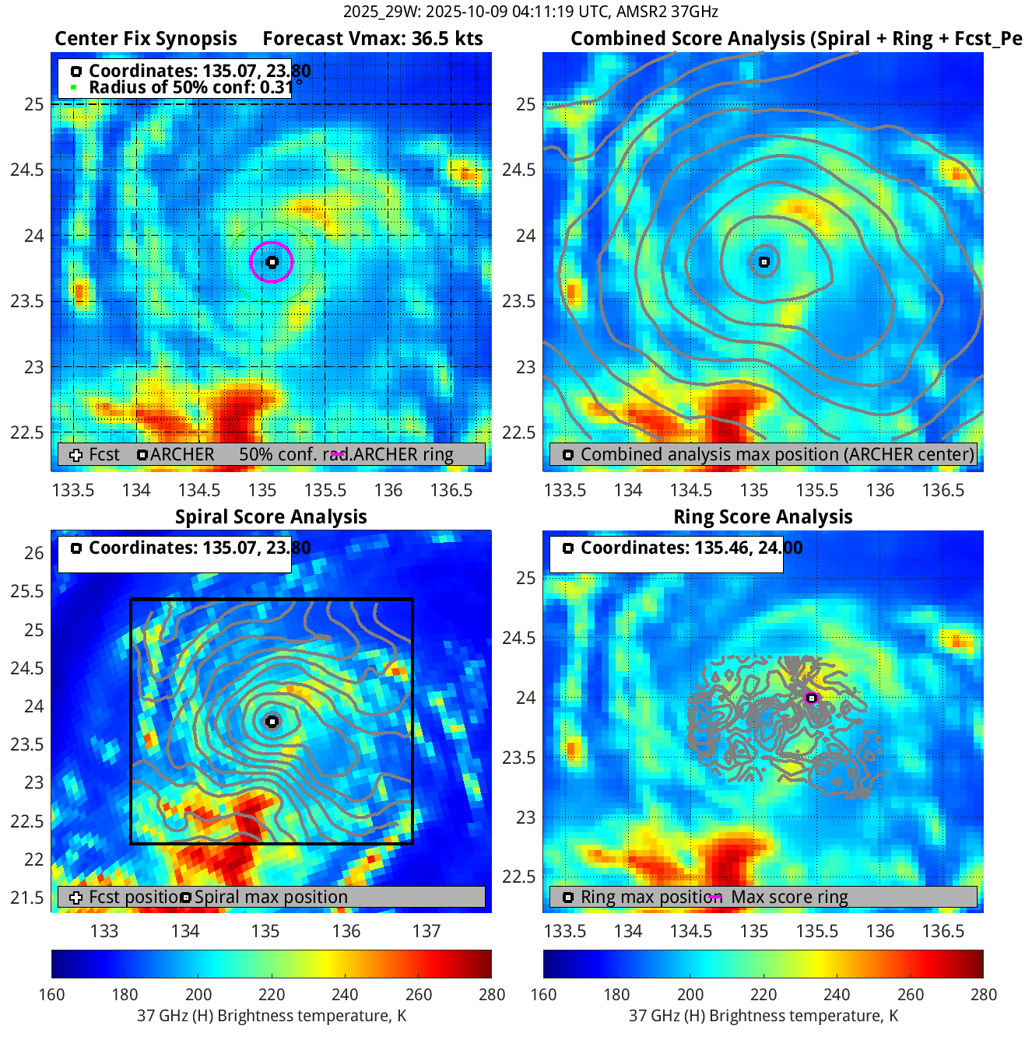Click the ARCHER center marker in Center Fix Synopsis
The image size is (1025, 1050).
click(x=272, y=262)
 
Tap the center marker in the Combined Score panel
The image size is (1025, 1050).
click(x=764, y=262)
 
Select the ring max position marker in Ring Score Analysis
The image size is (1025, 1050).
click(x=812, y=698)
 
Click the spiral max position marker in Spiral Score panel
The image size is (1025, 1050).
click(x=272, y=721)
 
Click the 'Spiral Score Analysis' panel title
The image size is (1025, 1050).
click(x=271, y=517)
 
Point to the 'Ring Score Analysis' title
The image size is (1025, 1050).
click(x=763, y=517)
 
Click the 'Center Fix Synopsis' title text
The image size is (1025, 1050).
click(x=146, y=39)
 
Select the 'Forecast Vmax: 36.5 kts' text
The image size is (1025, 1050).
click(x=372, y=39)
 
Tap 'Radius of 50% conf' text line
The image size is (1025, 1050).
click(x=191, y=87)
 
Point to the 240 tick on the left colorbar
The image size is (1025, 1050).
click(x=345, y=994)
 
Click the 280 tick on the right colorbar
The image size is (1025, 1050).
click(x=983, y=994)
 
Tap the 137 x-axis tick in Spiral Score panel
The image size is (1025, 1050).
click(x=426, y=931)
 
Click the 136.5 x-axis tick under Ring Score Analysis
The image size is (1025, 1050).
click(x=943, y=931)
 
